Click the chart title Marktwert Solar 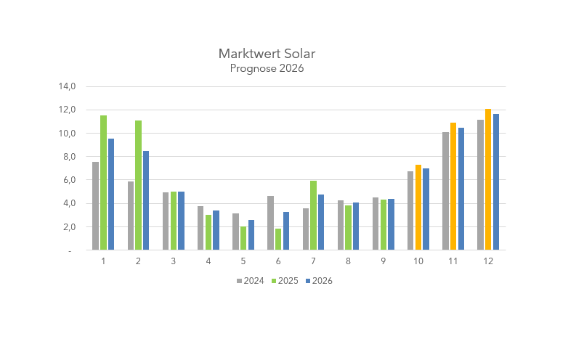pyautogui.click(x=267, y=54)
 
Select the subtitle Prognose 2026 pyautogui.click(x=267, y=69)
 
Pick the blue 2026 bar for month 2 pyautogui.click(x=146, y=200)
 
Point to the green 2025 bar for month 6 pyautogui.click(x=278, y=240)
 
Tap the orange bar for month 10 pyautogui.click(x=418, y=208)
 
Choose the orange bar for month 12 pyautogui.click(x=488, y=179)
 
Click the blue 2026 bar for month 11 pyautogui.click(x=461, y=189)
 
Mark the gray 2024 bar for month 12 pyautogui.click(x=480, y=185)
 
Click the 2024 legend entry pyautogui.click(x=250, y=281)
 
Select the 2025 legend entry pyautogui.click(x=285, y=281)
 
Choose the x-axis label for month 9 pyautogui.click(x=383, y=261)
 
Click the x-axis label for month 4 pyautogui.click(x=208, y=261)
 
